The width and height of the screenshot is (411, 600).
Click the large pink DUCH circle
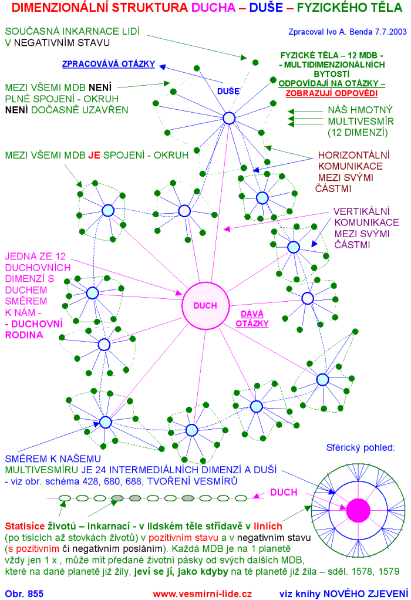tap(206, 305)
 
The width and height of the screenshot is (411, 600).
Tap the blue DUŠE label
tap(228, 91)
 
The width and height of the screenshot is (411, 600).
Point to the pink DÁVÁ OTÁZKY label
tap(252, 319)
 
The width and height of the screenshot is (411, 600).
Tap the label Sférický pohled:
tap(361, 448)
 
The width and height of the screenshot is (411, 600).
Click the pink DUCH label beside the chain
tap(284, 493)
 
